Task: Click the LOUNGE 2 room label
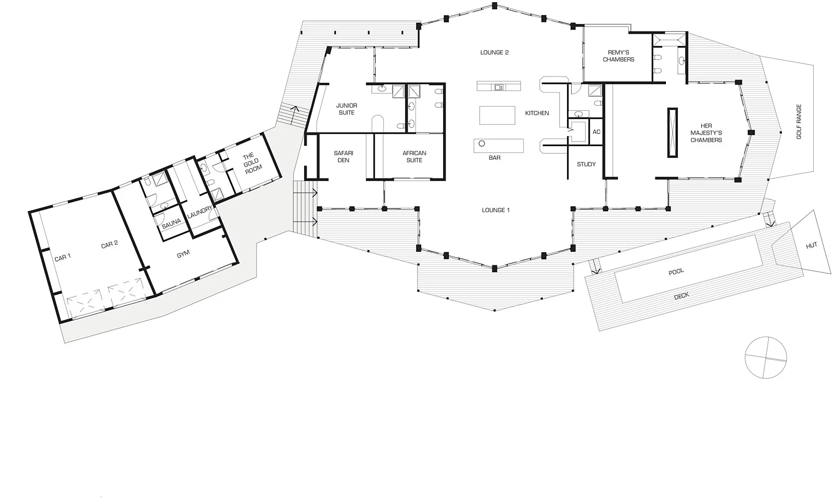(x=494, y=53)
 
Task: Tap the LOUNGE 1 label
(x=495, y=210)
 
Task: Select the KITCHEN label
(x=537, y=113)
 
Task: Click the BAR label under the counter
(x=494, y=157)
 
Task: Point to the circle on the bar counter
(x=482, y=144)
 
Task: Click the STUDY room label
(x=586, y=164)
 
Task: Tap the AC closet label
(x=597, y=132)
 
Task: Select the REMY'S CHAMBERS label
(x=619, y=56)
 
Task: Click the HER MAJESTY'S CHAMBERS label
(x=706, y=133)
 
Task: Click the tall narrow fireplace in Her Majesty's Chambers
(x=673, y=133)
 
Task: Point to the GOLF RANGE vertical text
(x=799, y=122)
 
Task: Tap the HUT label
(x=811, y=246)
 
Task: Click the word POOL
(x=676, y=272)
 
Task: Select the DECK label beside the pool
(x=681, y=296)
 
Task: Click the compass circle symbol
(x=765, y=357)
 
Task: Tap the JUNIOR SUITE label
(x=346, y=109)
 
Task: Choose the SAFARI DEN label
(x=343, y=157)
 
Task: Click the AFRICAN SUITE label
(x=414, y=157)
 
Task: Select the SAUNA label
(x=171, y=222)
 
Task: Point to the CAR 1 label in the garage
(x=62, y=257)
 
